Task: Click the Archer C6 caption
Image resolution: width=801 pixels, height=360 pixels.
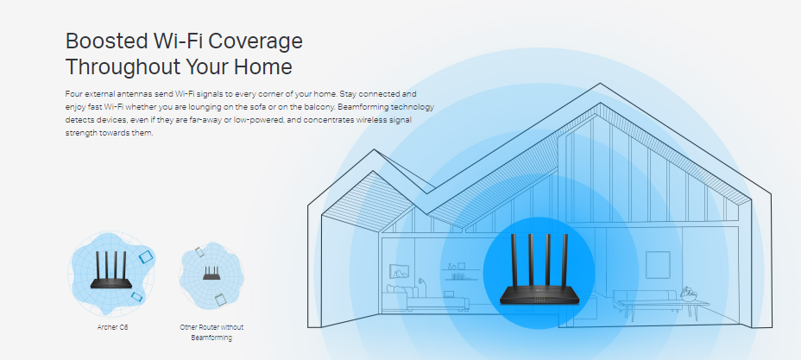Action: tap(113, 328)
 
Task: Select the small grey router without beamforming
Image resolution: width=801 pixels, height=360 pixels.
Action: tap(211, 274)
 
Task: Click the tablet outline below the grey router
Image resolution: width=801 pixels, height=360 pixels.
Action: tap(219, 299)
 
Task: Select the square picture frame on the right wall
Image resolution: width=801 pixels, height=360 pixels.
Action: tap(658, 264)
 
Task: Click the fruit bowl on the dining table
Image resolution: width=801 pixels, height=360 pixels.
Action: tap(687, 294)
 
